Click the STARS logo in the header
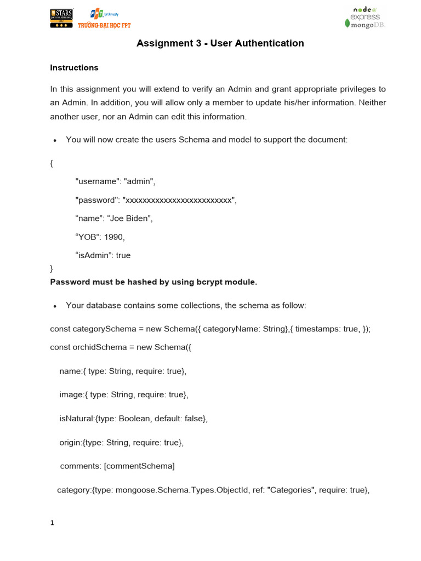[x=61, y=18]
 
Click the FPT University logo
[x=104, y=18]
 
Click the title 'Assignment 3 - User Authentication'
[x=220, y=43]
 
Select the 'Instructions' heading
[x=74, y=68]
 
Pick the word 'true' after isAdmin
[x=123, y=255]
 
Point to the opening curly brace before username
[x=52, y=163]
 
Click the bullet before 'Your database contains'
[x=55, y=306]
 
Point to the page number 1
[x=52, y=523]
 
